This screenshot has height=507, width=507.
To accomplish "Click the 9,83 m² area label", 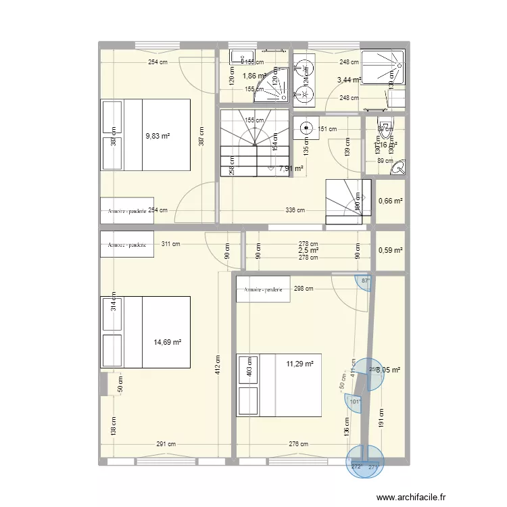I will (x=157, y=135).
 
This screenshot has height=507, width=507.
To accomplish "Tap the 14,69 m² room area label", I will (x=168, y=342).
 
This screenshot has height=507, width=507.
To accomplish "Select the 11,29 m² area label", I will (x=300, y=364).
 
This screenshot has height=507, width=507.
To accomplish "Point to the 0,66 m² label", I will (x=391, y=201).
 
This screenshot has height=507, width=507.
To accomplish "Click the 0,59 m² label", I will (x=391, y=250).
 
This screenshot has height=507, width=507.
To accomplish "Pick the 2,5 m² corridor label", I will (x=308, y=251).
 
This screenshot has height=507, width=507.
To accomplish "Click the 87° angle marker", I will (x=366, y=281).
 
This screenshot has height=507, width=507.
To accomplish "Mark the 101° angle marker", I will (x=356, y=402).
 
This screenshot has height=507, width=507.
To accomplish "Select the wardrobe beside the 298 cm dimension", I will (x=263, y=289).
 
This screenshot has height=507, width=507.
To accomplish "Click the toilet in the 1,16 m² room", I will (x=385, y=128).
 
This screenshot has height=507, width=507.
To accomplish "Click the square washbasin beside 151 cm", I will (x=305, y=126).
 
